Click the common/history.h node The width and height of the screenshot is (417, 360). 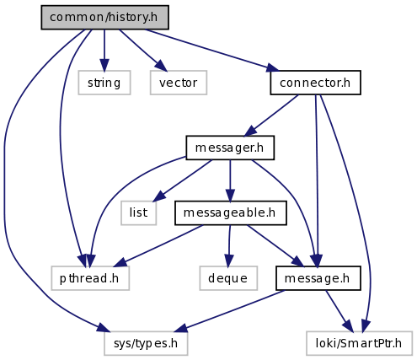pyautogui.click(x=104, y=17)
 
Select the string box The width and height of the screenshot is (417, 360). pyautogui.click(x=104, y=83)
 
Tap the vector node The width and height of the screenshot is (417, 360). pyautogui.click(x=179, y=83)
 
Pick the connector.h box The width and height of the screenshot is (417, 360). pyautogui.click(x=315, y=83)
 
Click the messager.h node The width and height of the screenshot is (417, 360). pyautogui.click(x=230, y=148)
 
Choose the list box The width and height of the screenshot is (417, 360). pyautogui.click(x=138, y=212)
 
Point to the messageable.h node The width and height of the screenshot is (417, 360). pyautogui.click(x=231, y=212)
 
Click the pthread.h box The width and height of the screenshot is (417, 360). pyautogui.click(x=90, y=278)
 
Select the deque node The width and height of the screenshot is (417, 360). pyautogui.click(x=228, y=278)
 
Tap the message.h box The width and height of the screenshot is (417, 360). pyautogui.click(x=318, y=278)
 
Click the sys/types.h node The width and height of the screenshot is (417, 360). pyautogui.click(x=146, y=343)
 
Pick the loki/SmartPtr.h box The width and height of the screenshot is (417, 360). pyautogui.click(x=359, y=343)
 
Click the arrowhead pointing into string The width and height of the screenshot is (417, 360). pyautogui.click(x=104, y=65)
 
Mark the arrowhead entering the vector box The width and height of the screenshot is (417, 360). pyautogui.click(x=161, y=66)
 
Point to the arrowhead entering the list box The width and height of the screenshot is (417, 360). pyautogui.click(x=158, y=196)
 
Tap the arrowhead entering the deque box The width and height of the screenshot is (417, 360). pyautogui.click(x=229, y=261)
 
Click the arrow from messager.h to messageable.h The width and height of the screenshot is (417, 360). pyautogui.click(x=230, y=180)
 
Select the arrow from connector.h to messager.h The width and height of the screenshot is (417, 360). pyautogui.click(x=271, y=116)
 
